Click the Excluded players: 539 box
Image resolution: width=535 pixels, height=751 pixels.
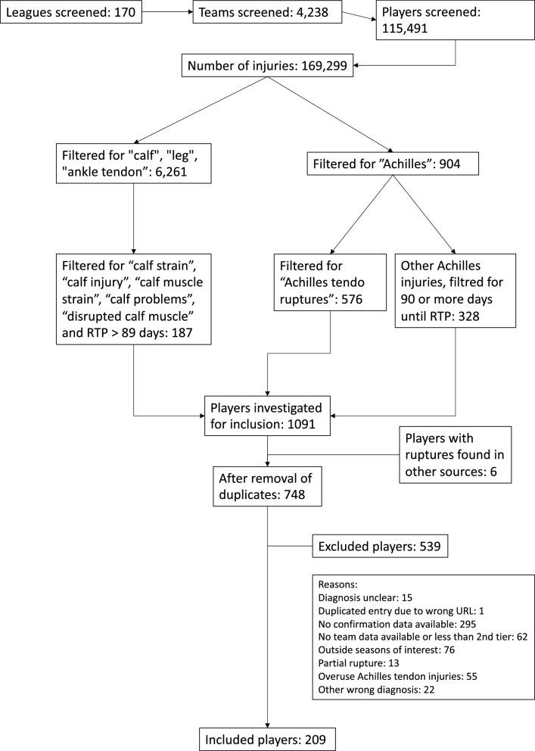[374, 544]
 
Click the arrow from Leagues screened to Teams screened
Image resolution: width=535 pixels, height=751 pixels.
[168, 13]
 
